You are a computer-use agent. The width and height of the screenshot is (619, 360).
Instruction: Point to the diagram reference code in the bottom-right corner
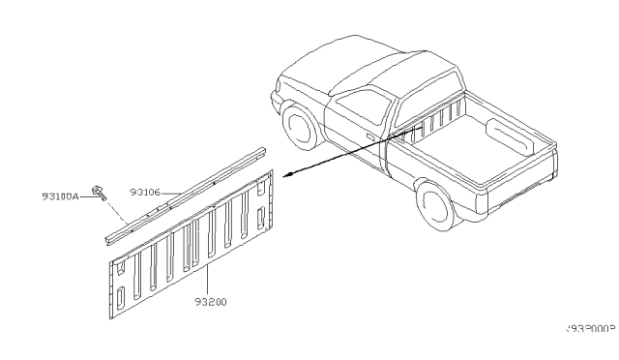tap(588, 329)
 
